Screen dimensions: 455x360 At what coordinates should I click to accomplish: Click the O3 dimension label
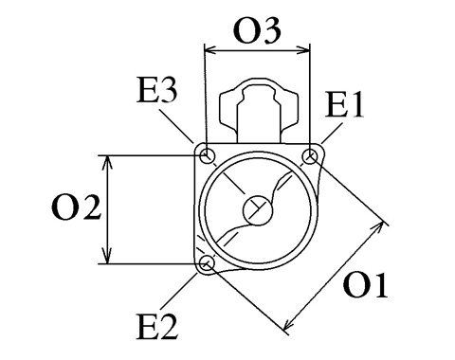coord(257,31)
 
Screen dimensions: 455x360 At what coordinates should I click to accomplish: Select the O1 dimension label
coord(365,285)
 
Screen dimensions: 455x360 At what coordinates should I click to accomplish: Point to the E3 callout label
coord(157,91)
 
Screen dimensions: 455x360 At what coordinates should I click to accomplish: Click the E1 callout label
coord(344,105)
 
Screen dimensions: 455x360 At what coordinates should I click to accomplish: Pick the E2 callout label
coord(157,327)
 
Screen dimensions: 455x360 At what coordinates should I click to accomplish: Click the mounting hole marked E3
coord(208,155)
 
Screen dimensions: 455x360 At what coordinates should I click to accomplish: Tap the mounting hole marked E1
coord(310,156)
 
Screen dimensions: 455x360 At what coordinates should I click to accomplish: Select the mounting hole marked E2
coord(208,263)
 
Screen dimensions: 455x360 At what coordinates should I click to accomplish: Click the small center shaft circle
coord(258,210)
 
